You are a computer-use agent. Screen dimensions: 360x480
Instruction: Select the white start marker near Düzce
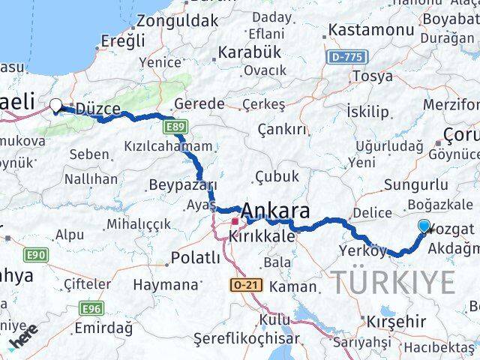point(55,106)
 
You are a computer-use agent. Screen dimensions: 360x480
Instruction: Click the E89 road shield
point(175,126)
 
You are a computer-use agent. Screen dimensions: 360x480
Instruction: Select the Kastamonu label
point(371,31)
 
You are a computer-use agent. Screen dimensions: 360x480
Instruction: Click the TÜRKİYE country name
point(394,283)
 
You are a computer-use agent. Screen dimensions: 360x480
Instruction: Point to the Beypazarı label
point(183,185)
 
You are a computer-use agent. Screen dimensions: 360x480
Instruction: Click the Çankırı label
point(282,130)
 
